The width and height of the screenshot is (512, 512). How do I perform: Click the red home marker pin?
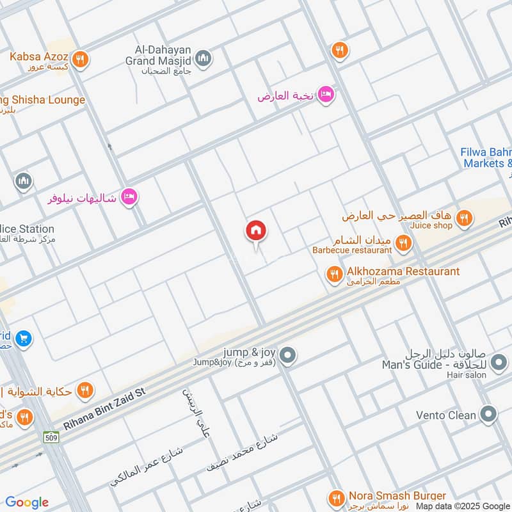(256, 232)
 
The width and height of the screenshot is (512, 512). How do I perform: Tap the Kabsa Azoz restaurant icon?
(80, 59)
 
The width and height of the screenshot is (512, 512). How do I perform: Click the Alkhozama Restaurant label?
(403, 271)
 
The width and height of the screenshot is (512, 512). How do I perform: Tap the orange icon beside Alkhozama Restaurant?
(334, 275)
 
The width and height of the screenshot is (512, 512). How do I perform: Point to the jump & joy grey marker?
(288, 354)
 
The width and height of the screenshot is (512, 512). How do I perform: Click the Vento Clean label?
(445, 415)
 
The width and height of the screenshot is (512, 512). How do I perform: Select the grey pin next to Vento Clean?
(489, 414)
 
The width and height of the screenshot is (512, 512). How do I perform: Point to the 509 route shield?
(51, 438)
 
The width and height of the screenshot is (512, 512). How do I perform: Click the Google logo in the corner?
(27, 502)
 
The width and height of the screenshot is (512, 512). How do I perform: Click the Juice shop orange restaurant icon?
(465, 218)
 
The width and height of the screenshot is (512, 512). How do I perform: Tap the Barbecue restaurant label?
(352, 250)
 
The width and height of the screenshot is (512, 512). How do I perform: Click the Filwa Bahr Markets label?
(486, 158)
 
